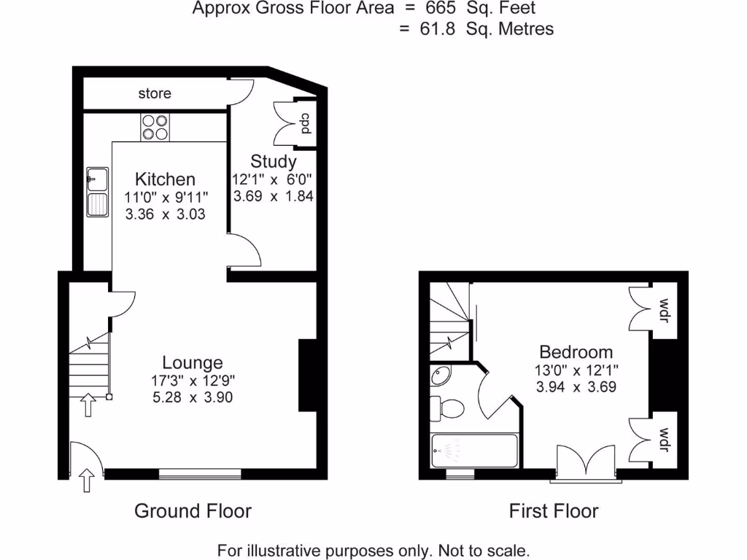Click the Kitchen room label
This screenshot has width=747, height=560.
[x=166, y=179]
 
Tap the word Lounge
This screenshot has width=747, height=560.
[x=192, y=362]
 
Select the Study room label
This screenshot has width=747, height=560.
[x=274, y=161]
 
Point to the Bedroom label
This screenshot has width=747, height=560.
[x=576, y=352]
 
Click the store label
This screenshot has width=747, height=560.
[x=155, y=93]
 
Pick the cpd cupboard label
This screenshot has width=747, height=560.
[x=306, y=124]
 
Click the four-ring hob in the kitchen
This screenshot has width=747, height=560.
[x=154, y=128]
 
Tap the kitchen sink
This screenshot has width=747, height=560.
[x=96, y=194]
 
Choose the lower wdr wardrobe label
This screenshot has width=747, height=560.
[x=664, y=438]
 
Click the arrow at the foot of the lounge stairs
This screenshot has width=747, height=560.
[x=88, y=404]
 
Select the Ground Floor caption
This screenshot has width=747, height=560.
[x=193, y=511]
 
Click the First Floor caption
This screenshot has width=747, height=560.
[x=553, y=511]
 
